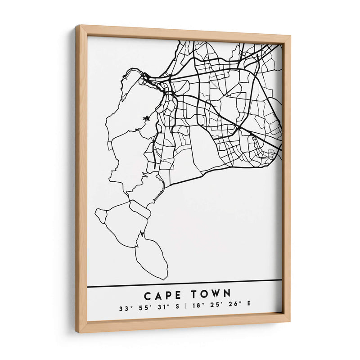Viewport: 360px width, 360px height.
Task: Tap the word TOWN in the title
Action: (211, 294)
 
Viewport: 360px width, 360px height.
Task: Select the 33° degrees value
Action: (124, 309)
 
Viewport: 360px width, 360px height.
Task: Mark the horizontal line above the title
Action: (184, 283)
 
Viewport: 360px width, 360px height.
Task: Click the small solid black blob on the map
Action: (145, 119)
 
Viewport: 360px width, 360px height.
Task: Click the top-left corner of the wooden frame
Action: (77, 26)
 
